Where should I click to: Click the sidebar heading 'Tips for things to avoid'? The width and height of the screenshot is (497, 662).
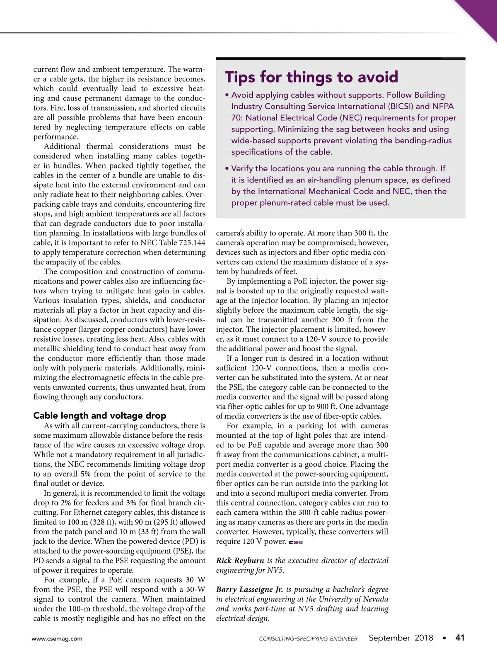(x=311, y=77)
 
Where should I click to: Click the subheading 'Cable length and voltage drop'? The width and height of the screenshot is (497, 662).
(x=100, y=415)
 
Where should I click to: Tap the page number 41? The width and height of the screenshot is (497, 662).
(x=460, y=638)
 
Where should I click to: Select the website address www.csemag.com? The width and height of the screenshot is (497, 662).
(x=57, y=638)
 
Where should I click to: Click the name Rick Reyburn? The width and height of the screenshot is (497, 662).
(x=240, y=561)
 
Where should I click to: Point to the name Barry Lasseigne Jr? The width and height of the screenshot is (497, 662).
(x=249, y=590)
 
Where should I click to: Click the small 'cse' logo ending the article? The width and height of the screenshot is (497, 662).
(x=296, y=542)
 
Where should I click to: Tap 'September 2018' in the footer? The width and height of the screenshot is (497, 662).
(x=400, y=638)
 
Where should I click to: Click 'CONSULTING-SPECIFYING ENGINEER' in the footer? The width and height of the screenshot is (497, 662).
(x=308, y=639)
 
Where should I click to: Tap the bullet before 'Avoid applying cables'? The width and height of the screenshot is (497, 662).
(x=227, y=95)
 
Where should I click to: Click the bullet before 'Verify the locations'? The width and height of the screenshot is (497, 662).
(x=227, y=169)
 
